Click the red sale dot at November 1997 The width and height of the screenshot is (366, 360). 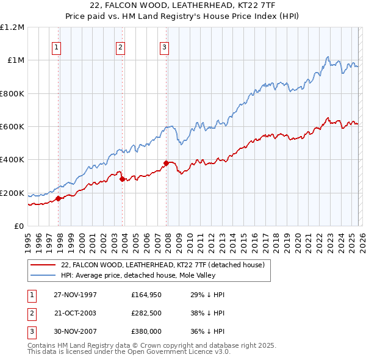pyautogui.click(x=59, y=198)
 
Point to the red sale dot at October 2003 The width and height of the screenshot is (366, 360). pyautogui.click(x=123, y=179)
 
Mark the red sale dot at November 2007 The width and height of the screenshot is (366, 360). pyautogui.click(x=167, y=163)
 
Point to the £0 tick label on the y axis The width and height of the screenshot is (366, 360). pyautogui.click(x=19, y=226)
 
